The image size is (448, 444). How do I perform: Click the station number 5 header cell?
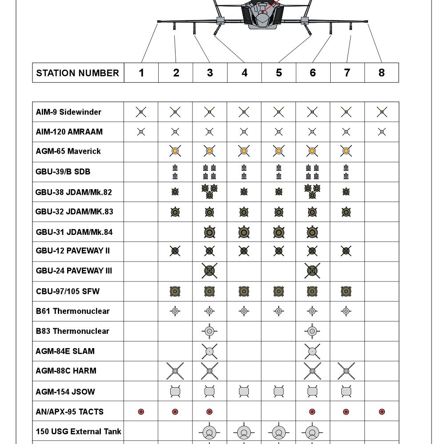pyautogui.click(x=279, y=73)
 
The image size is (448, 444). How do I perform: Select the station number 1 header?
pyautogui.click(x=141, y=73)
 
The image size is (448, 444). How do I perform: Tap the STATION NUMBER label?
pyautogui.click(x=78, y=73)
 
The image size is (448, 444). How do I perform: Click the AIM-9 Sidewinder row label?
pyautogui.click(x=68, y=112)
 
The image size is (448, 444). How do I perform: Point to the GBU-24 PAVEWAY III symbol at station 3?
pyautogui.click(x=209, y=270)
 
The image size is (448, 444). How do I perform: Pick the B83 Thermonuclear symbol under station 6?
pyautogui.click(x=312, y=331)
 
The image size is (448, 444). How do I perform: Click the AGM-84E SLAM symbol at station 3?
pyautogui.click(x=209, y=351)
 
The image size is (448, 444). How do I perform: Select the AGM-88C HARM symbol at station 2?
pyautogui.click(x=175, y=371)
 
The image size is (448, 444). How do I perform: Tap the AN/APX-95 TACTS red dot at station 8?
pyautogui.click(x=381, y=412)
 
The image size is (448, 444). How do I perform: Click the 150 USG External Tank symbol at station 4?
pyautogui.click(x=244, y=432)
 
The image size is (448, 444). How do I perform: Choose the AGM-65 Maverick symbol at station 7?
pyautogui.click(x=346, y=151)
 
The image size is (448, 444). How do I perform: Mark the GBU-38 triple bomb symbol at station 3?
pyautogui.click(x=209, y=191)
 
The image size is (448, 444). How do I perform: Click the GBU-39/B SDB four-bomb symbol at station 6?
pyautogui.click(x=312, y=172)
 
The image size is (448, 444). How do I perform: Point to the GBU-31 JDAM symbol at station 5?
pyautogui.click(x=279, y=232)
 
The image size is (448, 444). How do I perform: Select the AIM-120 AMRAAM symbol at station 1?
pyautogui.click(x=141, y=131)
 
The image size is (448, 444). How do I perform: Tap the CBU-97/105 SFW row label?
pyautogui.click(x=68, y=291)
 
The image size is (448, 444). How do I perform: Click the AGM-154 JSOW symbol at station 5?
pyautogui.click(x=279, y=391)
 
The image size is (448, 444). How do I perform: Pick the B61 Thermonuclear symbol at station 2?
pyautogui.click(x=175, y=311)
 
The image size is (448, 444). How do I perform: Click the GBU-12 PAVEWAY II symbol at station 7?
pyautogui.click(x=346, y=251)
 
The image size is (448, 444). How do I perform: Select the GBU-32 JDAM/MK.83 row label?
pyautogui.click(x=74, y=211)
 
